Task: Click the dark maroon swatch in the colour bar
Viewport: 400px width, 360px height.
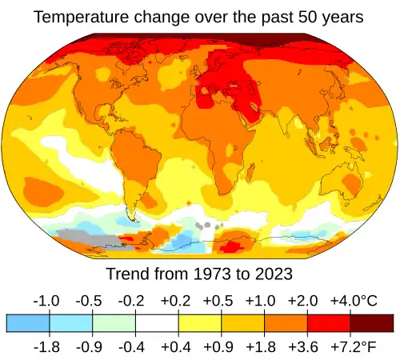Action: coord(372,322)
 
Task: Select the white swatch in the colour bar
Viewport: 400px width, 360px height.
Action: coord(157,322)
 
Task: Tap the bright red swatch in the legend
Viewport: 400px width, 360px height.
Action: coord(329,322)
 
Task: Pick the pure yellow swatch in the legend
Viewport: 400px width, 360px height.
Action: coord(200,322)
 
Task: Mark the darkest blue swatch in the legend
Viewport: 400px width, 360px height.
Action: coord(28,322)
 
